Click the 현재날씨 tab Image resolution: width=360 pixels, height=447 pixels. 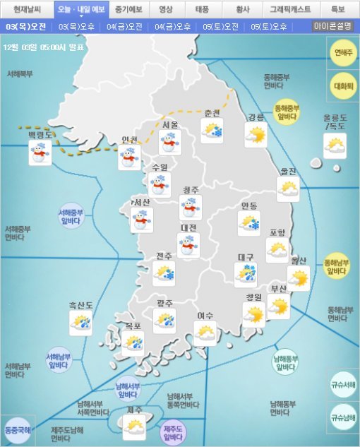click(x=28, y=9)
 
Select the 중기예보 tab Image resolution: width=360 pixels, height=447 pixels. click(x=129, y=9)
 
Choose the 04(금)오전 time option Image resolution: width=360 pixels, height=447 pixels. click(x=124, y=26)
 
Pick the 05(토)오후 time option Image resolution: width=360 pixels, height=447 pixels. click(x=269, y=26)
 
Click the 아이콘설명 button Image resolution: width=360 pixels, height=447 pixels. click(x=333, y=26)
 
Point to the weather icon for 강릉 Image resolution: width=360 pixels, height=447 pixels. click(x=256, y=135)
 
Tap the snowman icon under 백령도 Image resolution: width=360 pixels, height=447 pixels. click(x=40, y=153)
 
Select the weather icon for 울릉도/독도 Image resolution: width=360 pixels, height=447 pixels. click(x=335, y=145)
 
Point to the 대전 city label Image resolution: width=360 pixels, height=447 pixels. click(x=188, y=228)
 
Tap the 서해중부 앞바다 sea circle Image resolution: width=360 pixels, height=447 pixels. click(x=72, y=215)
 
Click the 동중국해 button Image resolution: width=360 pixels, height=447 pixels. click(x=17, y=429)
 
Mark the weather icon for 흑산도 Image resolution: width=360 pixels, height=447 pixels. click(x=80, y=323)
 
